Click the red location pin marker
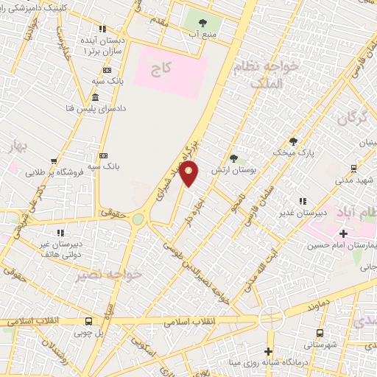(x=190, y=172)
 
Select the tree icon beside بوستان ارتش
(x=234, y=158)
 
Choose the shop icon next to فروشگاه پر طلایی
(x=53, y=161)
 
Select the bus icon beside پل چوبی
(x=89, y=321)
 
